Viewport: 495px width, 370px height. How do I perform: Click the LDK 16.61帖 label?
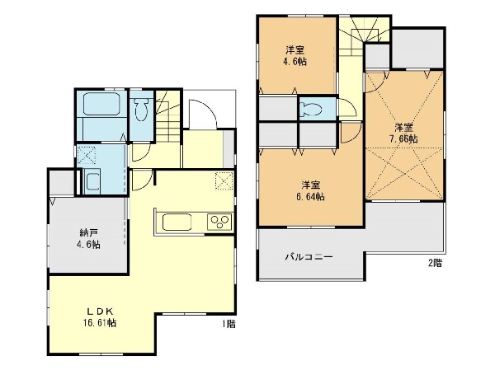pos(100,317)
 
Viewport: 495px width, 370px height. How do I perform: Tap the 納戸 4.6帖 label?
pos(89,238)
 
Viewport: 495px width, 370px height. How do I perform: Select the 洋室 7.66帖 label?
pos(403,133)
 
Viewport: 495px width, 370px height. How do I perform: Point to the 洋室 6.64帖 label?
pos(310,191)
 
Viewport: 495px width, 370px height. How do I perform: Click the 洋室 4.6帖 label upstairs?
pos(295,55)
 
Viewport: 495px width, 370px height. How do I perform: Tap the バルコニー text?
pos(309,257)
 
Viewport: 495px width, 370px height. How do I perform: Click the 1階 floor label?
pos(229,324)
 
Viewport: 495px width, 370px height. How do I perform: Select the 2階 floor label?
pos(435,263)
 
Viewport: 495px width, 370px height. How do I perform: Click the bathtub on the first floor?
pos(101,104)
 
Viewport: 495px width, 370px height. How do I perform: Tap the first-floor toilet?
pos(141,109)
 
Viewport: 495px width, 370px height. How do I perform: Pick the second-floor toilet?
pos(311,109)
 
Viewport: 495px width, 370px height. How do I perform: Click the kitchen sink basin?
pos(177,222)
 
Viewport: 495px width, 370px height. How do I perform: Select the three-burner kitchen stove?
pos(219,222)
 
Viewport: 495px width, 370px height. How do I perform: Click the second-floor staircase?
pos(363,36)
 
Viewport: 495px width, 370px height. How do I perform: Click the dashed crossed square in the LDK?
pos(224,180)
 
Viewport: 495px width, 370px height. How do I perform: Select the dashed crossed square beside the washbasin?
pos(87,156)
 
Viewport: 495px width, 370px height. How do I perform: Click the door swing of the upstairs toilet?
pos(351,105)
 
